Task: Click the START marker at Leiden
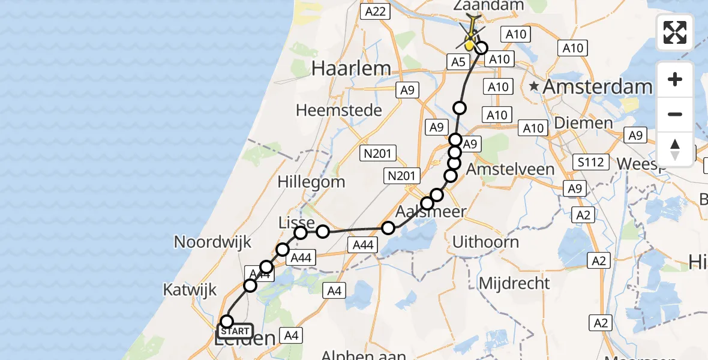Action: (x=235, y=331)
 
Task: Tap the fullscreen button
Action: (x=675, y=32)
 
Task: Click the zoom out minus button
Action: (x=675, y=114)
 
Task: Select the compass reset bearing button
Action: (x=675, y=149)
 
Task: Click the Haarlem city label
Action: (x=351, y=68)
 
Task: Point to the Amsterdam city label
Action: (x=597, y=87)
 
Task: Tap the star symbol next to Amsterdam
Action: (x=534, y=87)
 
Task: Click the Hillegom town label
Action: (x=311, y=181)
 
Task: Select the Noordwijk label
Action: (x=212, y=242)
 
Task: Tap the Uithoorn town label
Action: (x=486, y=242)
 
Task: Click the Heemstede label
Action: (x=339, y=110)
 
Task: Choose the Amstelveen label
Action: (x=510, y=169)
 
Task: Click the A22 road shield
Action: (x=376, y=11)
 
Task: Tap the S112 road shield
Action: (x=590, y=162)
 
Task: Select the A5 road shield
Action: (x=458, y=61)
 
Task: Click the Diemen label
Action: (x=592, y=123)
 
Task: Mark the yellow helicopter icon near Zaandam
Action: (x=472, y=36)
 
